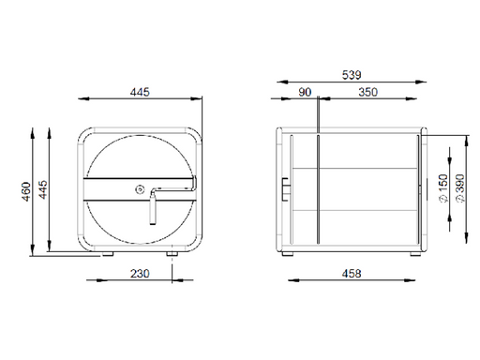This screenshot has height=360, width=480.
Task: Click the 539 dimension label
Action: [x=352, y=75]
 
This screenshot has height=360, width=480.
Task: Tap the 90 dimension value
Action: [x=305, y=92]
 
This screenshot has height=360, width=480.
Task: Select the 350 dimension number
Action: [x=367, y=92]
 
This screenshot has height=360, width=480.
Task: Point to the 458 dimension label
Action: [x=352, y=274]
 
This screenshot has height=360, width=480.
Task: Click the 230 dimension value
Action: [x=140, y=274]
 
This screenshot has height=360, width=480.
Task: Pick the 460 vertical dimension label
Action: [x=26, y=191]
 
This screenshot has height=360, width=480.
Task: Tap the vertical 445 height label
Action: [x=42, y=189]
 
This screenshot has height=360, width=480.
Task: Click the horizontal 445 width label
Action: [x=140, y=92]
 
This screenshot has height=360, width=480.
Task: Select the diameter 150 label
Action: [x=443, y=188]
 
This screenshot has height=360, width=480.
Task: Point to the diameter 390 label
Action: [x=460, y=188]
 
